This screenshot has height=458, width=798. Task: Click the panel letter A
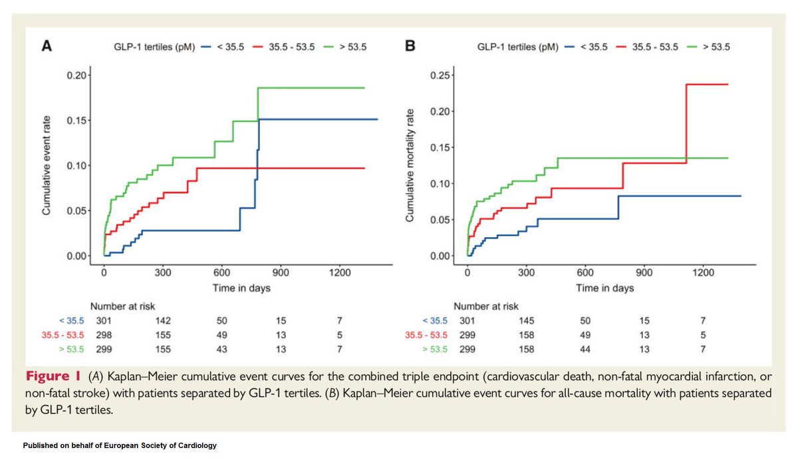(47, 47)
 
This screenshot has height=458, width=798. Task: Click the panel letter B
(410, 47)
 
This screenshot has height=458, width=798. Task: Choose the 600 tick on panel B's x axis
(585, 272)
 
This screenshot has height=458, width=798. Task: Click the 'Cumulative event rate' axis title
(48, 166)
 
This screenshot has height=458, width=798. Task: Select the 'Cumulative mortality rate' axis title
(412, 166)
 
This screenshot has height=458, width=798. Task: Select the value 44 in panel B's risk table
(585, 347)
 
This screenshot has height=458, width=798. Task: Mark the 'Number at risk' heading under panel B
(487, 307)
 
